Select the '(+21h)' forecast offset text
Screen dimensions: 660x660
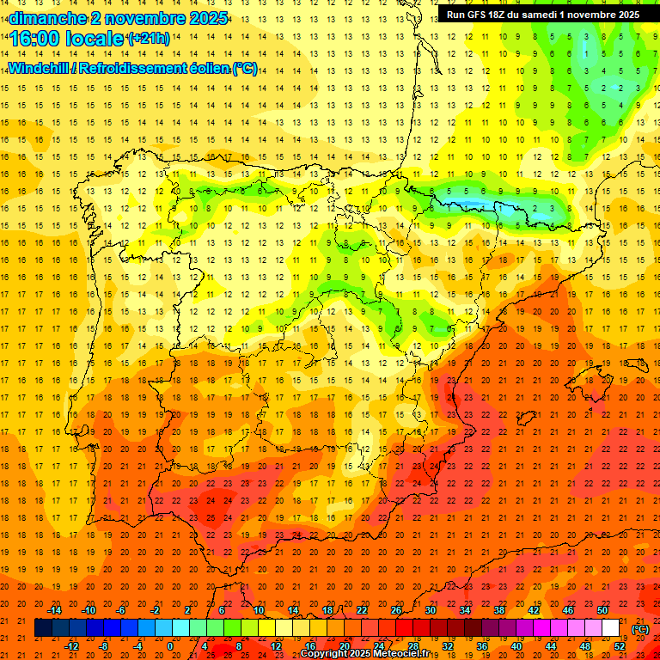point(148,39)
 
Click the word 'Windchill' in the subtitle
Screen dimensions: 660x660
point(40,69)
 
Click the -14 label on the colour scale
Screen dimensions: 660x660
point(55,610)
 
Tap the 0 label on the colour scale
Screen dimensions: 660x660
point(170,646)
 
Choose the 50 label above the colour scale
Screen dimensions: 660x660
point(602,610)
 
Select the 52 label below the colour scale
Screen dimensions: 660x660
point(619,646)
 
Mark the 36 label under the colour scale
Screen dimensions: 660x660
point(481,646)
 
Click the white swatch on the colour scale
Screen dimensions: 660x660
point(610,628)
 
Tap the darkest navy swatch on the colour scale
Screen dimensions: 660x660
point(43,628)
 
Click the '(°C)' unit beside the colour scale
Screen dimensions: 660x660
point(639,629)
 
